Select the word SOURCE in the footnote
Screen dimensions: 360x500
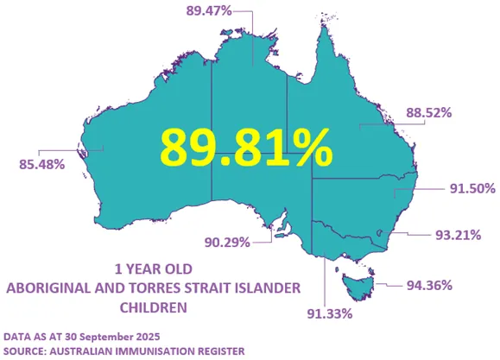[26, 349]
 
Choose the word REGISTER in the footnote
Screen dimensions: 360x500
[217, 349]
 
